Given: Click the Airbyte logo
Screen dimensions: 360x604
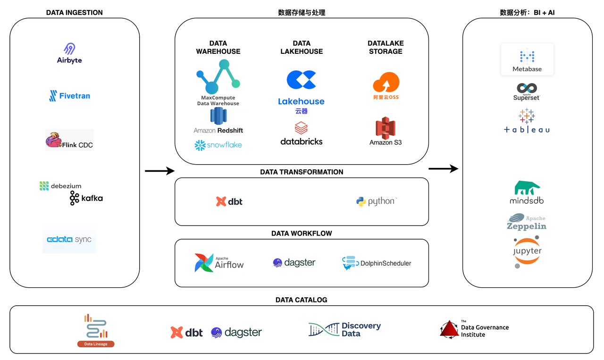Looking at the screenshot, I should pos(69,53).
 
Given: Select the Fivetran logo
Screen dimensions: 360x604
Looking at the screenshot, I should pos(69,96).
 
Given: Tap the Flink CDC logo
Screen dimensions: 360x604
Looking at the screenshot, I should pos(69,140).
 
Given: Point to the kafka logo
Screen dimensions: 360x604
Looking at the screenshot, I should pos(86,198).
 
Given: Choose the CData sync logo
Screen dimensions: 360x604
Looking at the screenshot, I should pos(69,240).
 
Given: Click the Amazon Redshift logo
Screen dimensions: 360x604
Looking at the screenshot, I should pos(218,121).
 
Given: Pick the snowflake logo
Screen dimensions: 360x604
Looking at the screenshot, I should pos(218,145).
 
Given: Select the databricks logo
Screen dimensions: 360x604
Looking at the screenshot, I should pos(302,134).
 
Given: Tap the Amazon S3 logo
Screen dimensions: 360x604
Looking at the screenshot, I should pos(386,131).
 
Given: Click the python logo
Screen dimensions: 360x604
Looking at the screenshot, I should pos(376,201).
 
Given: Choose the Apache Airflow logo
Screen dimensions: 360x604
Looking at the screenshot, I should pos(219,263).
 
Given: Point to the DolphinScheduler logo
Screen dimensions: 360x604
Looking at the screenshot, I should pos(377,263).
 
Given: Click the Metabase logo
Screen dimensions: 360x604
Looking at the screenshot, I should pos(527,59).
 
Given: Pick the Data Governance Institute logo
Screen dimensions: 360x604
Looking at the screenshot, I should pos(474,329).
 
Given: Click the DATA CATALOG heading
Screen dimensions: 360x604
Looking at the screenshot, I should pos(301,300).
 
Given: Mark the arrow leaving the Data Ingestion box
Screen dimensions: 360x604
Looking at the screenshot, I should pos(159,171).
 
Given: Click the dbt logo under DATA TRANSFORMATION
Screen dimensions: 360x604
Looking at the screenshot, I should pos(229,201).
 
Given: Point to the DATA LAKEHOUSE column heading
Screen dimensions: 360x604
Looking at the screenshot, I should pos(302,47).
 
